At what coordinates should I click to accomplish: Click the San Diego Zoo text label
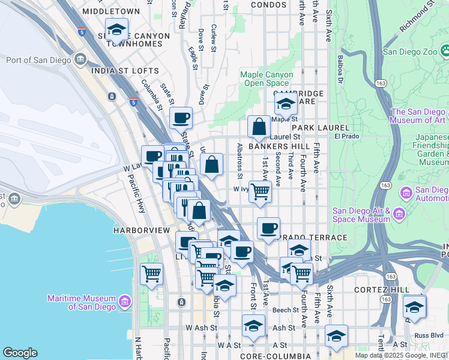(409, 51)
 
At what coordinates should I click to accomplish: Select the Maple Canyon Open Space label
(267, 79)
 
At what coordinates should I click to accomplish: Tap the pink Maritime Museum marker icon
(125, 301)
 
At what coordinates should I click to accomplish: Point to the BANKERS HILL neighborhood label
(279, 146)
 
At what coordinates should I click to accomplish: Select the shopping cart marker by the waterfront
(151, 274)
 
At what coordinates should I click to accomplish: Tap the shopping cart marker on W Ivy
(260, 191)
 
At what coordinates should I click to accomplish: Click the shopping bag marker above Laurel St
(259, 127)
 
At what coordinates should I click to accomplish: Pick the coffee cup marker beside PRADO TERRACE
(268, 229)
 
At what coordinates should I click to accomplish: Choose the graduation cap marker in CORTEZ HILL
(414, 307)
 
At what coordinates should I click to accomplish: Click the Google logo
(20, 353)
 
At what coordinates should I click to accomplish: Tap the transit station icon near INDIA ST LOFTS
(112, 96)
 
